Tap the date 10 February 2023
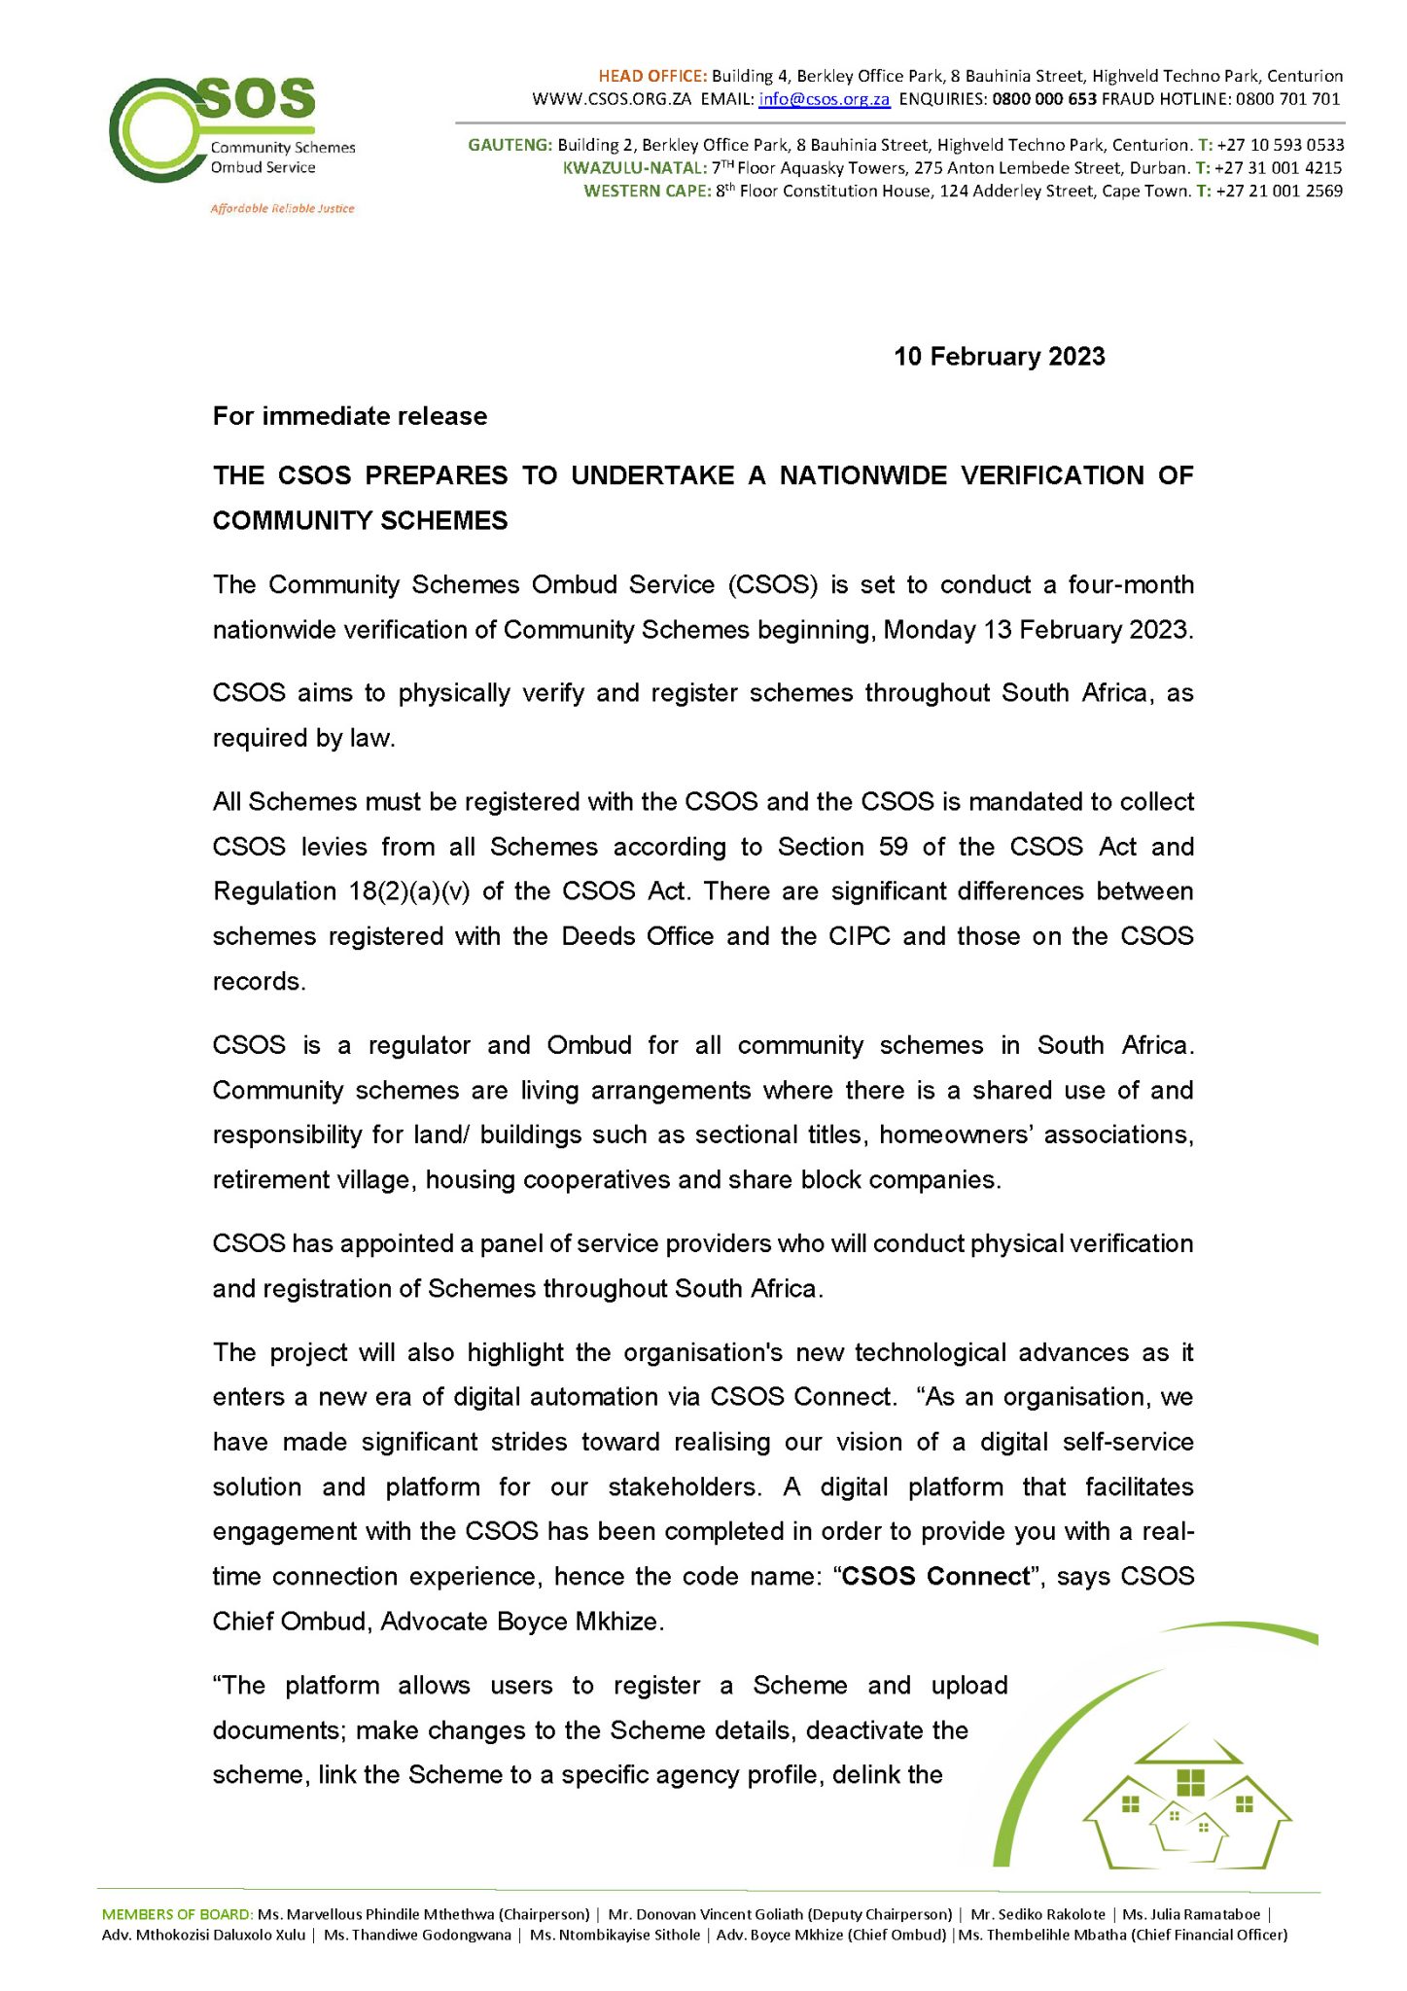(x=999, y=357)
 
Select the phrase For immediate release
(x=350, y=416)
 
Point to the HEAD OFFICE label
(x=651, y=76)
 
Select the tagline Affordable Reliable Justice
(x=282, y=209)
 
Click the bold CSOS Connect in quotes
(x=934, y=1576)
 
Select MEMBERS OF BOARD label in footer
(x=177, y=1914)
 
